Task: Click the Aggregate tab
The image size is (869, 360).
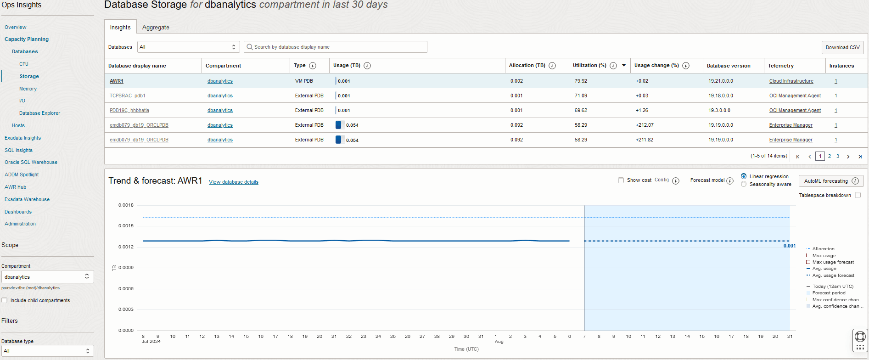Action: coord(156,28)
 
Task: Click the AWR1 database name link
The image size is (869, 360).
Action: coord(117,81)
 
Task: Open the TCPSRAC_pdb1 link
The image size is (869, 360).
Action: coord(127,96)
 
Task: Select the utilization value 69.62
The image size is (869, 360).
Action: coord(581,110)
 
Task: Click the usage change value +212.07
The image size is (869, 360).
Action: coord(645,125)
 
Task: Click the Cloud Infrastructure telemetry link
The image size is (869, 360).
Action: coord(791,81)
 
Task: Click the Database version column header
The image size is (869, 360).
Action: coord(729,66)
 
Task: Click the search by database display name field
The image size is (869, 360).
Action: coord(337,47)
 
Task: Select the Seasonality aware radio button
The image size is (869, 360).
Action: coord(744,184)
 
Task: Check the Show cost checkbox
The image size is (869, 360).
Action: coord(621,180)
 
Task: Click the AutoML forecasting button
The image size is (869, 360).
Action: coord(826,181)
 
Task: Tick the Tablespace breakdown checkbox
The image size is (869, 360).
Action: coord(858,195)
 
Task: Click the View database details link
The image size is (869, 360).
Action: coord(233,182)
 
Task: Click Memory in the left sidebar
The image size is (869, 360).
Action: coord(28,89)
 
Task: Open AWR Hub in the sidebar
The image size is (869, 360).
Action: coord(15,187)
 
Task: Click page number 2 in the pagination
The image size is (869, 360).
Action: coord(830,156)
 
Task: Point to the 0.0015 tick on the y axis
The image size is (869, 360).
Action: coord(126,226)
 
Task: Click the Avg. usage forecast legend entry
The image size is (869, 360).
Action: coord(833,276)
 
